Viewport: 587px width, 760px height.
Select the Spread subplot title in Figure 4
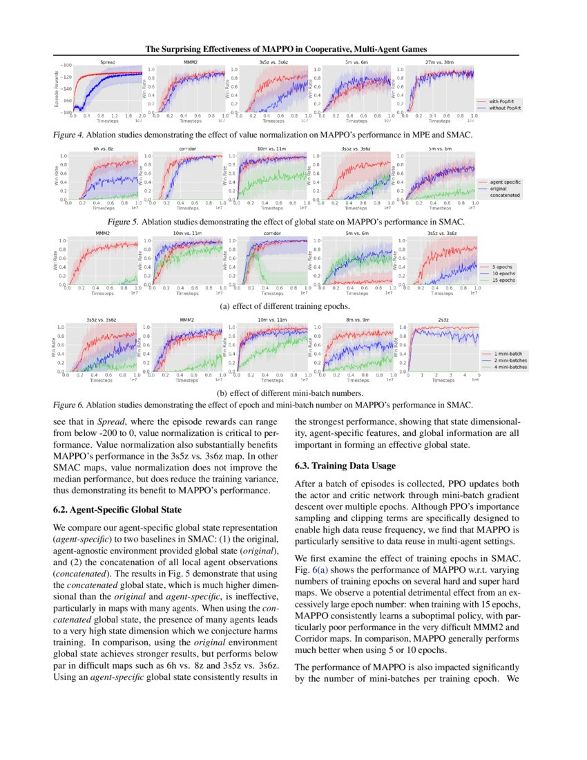[x=107, y=62]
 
